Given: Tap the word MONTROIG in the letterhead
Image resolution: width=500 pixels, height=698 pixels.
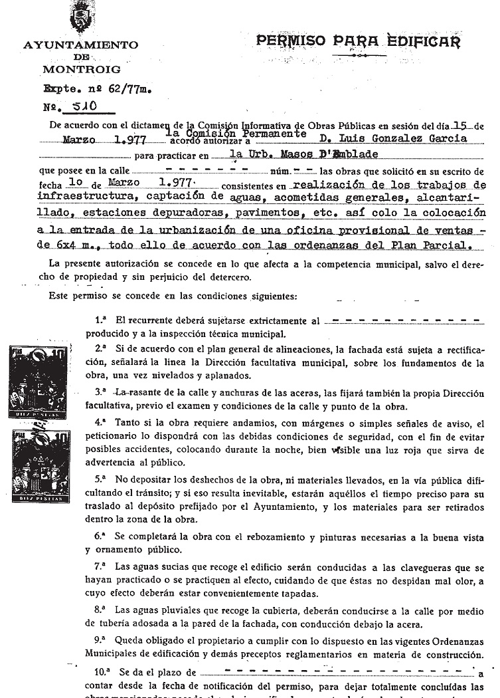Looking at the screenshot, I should pyautogui.click(x=81, y=68).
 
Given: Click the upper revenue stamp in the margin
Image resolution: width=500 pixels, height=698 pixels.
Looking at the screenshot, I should pyautogui.click(x=41, y=382).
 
